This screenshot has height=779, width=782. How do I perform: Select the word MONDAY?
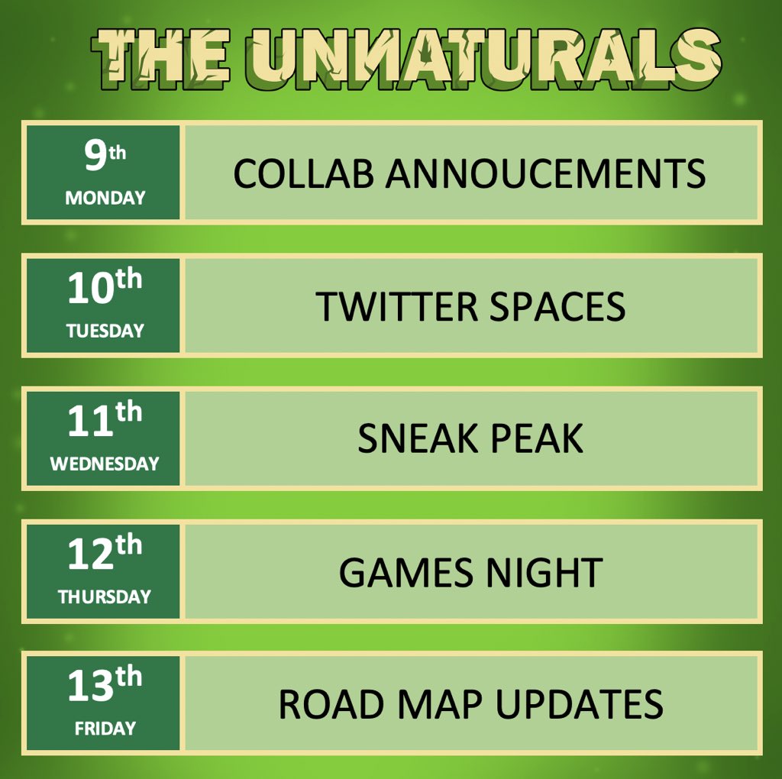point(105,198)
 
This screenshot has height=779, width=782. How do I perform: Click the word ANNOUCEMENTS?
point(545,174)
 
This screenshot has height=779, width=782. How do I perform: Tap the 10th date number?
point(105,289)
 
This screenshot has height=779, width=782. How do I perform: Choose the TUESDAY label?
point(105,331)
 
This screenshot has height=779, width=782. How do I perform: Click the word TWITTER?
point(397,307)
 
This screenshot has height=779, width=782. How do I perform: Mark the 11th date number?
point(105,422)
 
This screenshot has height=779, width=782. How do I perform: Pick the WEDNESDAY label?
point(105,464)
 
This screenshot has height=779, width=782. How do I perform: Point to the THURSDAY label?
point(105,596)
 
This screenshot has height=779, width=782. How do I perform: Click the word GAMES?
point(399,572)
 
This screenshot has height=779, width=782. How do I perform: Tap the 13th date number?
point(105,686)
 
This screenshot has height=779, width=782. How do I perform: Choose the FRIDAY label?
point(105,729)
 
